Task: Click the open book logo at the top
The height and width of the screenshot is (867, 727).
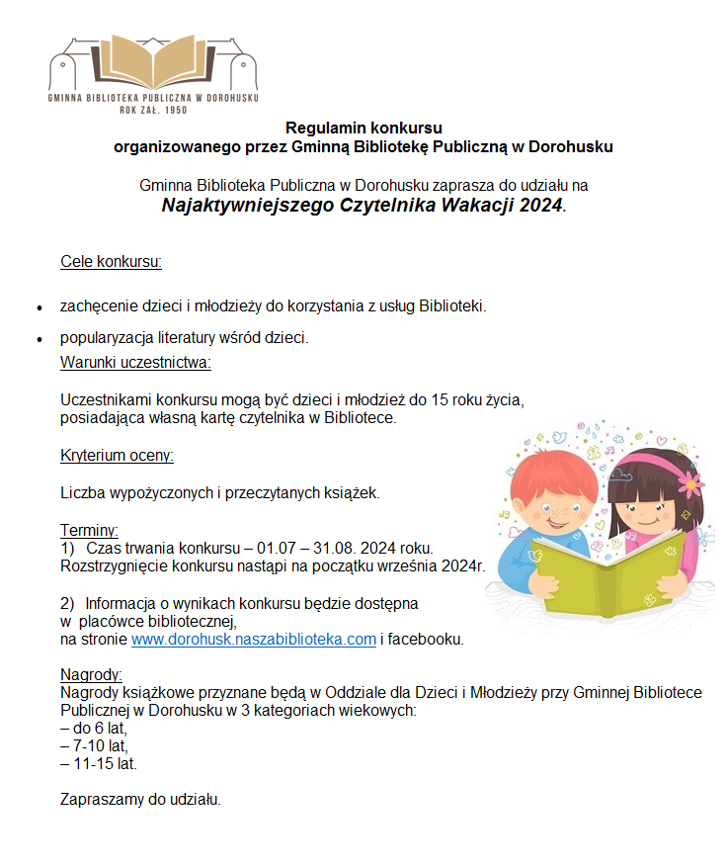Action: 153,61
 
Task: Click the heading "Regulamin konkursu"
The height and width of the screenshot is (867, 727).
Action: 363,129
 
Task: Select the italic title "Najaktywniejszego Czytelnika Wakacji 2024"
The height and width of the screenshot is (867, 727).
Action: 363,206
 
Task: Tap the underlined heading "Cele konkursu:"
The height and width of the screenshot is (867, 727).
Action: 111,262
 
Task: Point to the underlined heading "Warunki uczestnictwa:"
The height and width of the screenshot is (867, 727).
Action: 135,362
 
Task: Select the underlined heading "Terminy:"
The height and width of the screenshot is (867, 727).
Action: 89,529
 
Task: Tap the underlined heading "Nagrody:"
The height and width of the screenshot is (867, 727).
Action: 91,675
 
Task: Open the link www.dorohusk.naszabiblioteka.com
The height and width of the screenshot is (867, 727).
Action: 254,639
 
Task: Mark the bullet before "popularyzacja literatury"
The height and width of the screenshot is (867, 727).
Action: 38,339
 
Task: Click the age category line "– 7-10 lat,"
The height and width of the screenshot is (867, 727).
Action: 95,746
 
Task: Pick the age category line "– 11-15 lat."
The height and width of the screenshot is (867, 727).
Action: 99,764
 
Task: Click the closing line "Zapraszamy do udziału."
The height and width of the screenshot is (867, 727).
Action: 140,799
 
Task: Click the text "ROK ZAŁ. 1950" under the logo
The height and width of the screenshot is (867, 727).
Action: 153,110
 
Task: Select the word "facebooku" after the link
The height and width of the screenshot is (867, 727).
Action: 426,639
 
